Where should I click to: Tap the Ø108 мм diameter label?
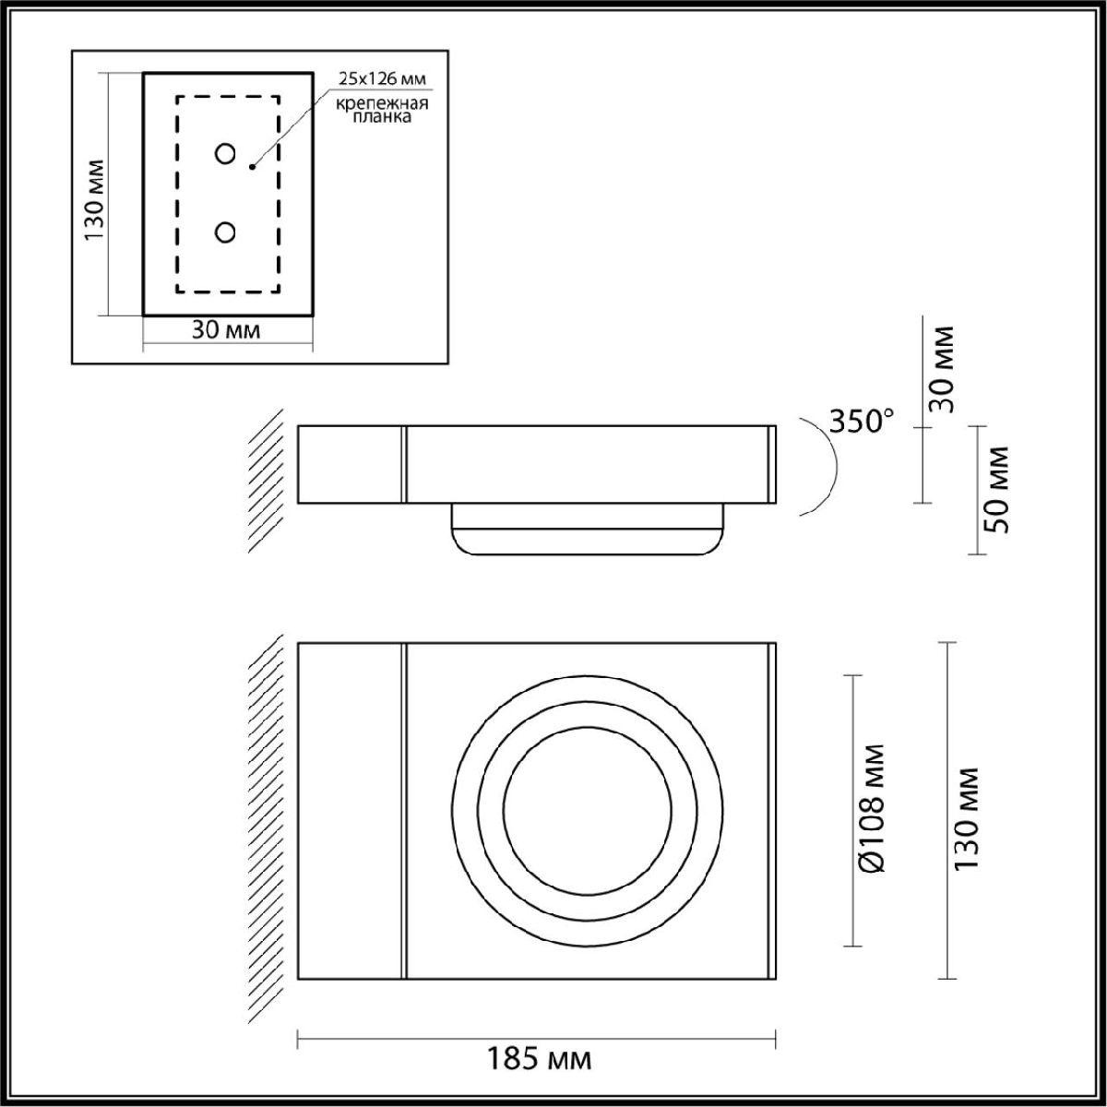(x=870, y=809)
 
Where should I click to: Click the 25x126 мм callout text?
(x=382, y=77)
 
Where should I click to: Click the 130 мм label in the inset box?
(x=94, y=199)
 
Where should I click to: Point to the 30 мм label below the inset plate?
(x=226, y=330)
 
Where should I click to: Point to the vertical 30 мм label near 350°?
(x=942, y=369)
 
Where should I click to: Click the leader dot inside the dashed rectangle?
(x=251, y=167)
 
